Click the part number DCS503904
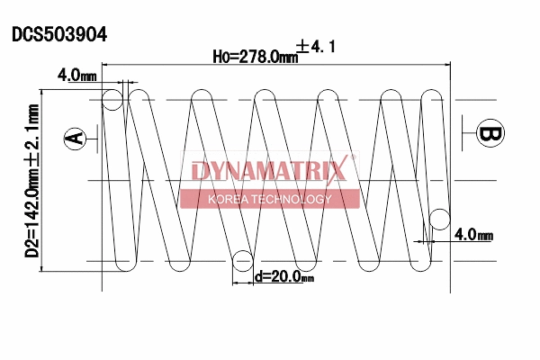59,35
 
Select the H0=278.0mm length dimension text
255,57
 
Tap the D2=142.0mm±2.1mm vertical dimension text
32,180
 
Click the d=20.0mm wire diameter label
283,278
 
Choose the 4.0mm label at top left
76,76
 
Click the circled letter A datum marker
76,138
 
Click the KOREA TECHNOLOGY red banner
269,199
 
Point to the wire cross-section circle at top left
113,98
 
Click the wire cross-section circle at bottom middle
242,261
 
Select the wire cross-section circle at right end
440,218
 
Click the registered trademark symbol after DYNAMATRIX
353,158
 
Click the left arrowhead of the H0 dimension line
107,66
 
